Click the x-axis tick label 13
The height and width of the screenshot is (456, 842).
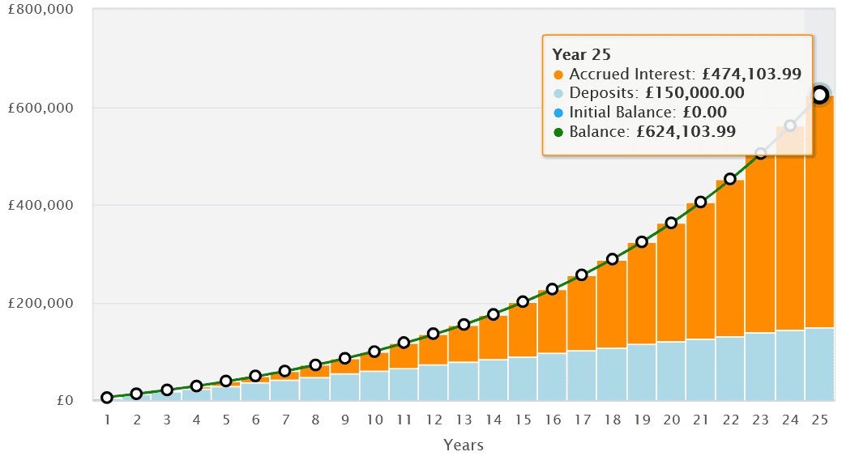tap(464, 420)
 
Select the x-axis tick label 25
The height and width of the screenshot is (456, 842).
tap(818, 420)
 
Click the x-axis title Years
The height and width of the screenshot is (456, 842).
tap(464, 445)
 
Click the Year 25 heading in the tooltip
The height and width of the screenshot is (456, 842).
tap(581, 55)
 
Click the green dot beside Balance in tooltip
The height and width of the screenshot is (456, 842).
tap(558, 131)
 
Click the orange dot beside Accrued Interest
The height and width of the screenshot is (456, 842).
tap(558, 75)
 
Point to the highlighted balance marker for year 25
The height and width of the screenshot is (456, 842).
tap(819, 95)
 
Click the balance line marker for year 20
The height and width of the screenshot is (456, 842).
tap(671, 223)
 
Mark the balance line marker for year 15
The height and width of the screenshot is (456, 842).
tap(523, 301)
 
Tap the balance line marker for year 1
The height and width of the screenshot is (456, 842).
tap(107, 398)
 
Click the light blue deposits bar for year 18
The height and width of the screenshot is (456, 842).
tap(612, 374)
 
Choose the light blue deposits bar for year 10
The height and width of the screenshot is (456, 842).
tap(374, 386)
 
